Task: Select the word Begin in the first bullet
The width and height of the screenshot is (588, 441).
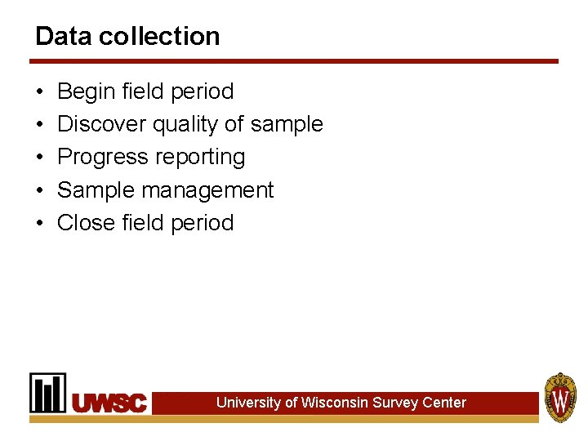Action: point(87,91)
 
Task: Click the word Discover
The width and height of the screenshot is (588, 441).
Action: point(102,124)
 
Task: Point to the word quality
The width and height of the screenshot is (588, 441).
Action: point(185,125)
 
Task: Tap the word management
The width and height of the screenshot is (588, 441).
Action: point(207,190)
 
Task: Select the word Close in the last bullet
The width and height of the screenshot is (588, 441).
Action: point(86,222)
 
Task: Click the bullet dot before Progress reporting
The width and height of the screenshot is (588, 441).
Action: point(39,158)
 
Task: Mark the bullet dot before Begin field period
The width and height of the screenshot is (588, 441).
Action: point(39,91)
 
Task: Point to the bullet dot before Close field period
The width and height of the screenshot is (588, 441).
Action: point(39,223)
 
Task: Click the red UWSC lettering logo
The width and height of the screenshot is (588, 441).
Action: point(109,403)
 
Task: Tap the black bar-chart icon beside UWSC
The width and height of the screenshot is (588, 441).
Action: point(48,393)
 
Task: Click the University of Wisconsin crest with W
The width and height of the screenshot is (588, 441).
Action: point(560,397)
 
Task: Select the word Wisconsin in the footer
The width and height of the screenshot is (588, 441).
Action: point(334,402)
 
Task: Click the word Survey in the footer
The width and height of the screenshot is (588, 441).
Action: point(395,402)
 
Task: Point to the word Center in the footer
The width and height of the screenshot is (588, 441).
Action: point(444,402)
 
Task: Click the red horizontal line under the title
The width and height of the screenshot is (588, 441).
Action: point(294,61)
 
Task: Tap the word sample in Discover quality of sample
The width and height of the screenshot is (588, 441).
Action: point(287,125)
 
